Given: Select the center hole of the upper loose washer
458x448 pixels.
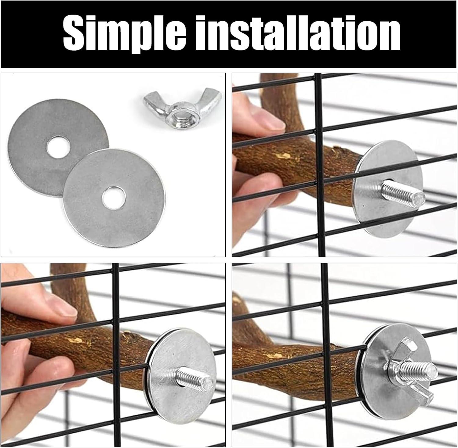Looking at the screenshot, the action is point(54,148).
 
